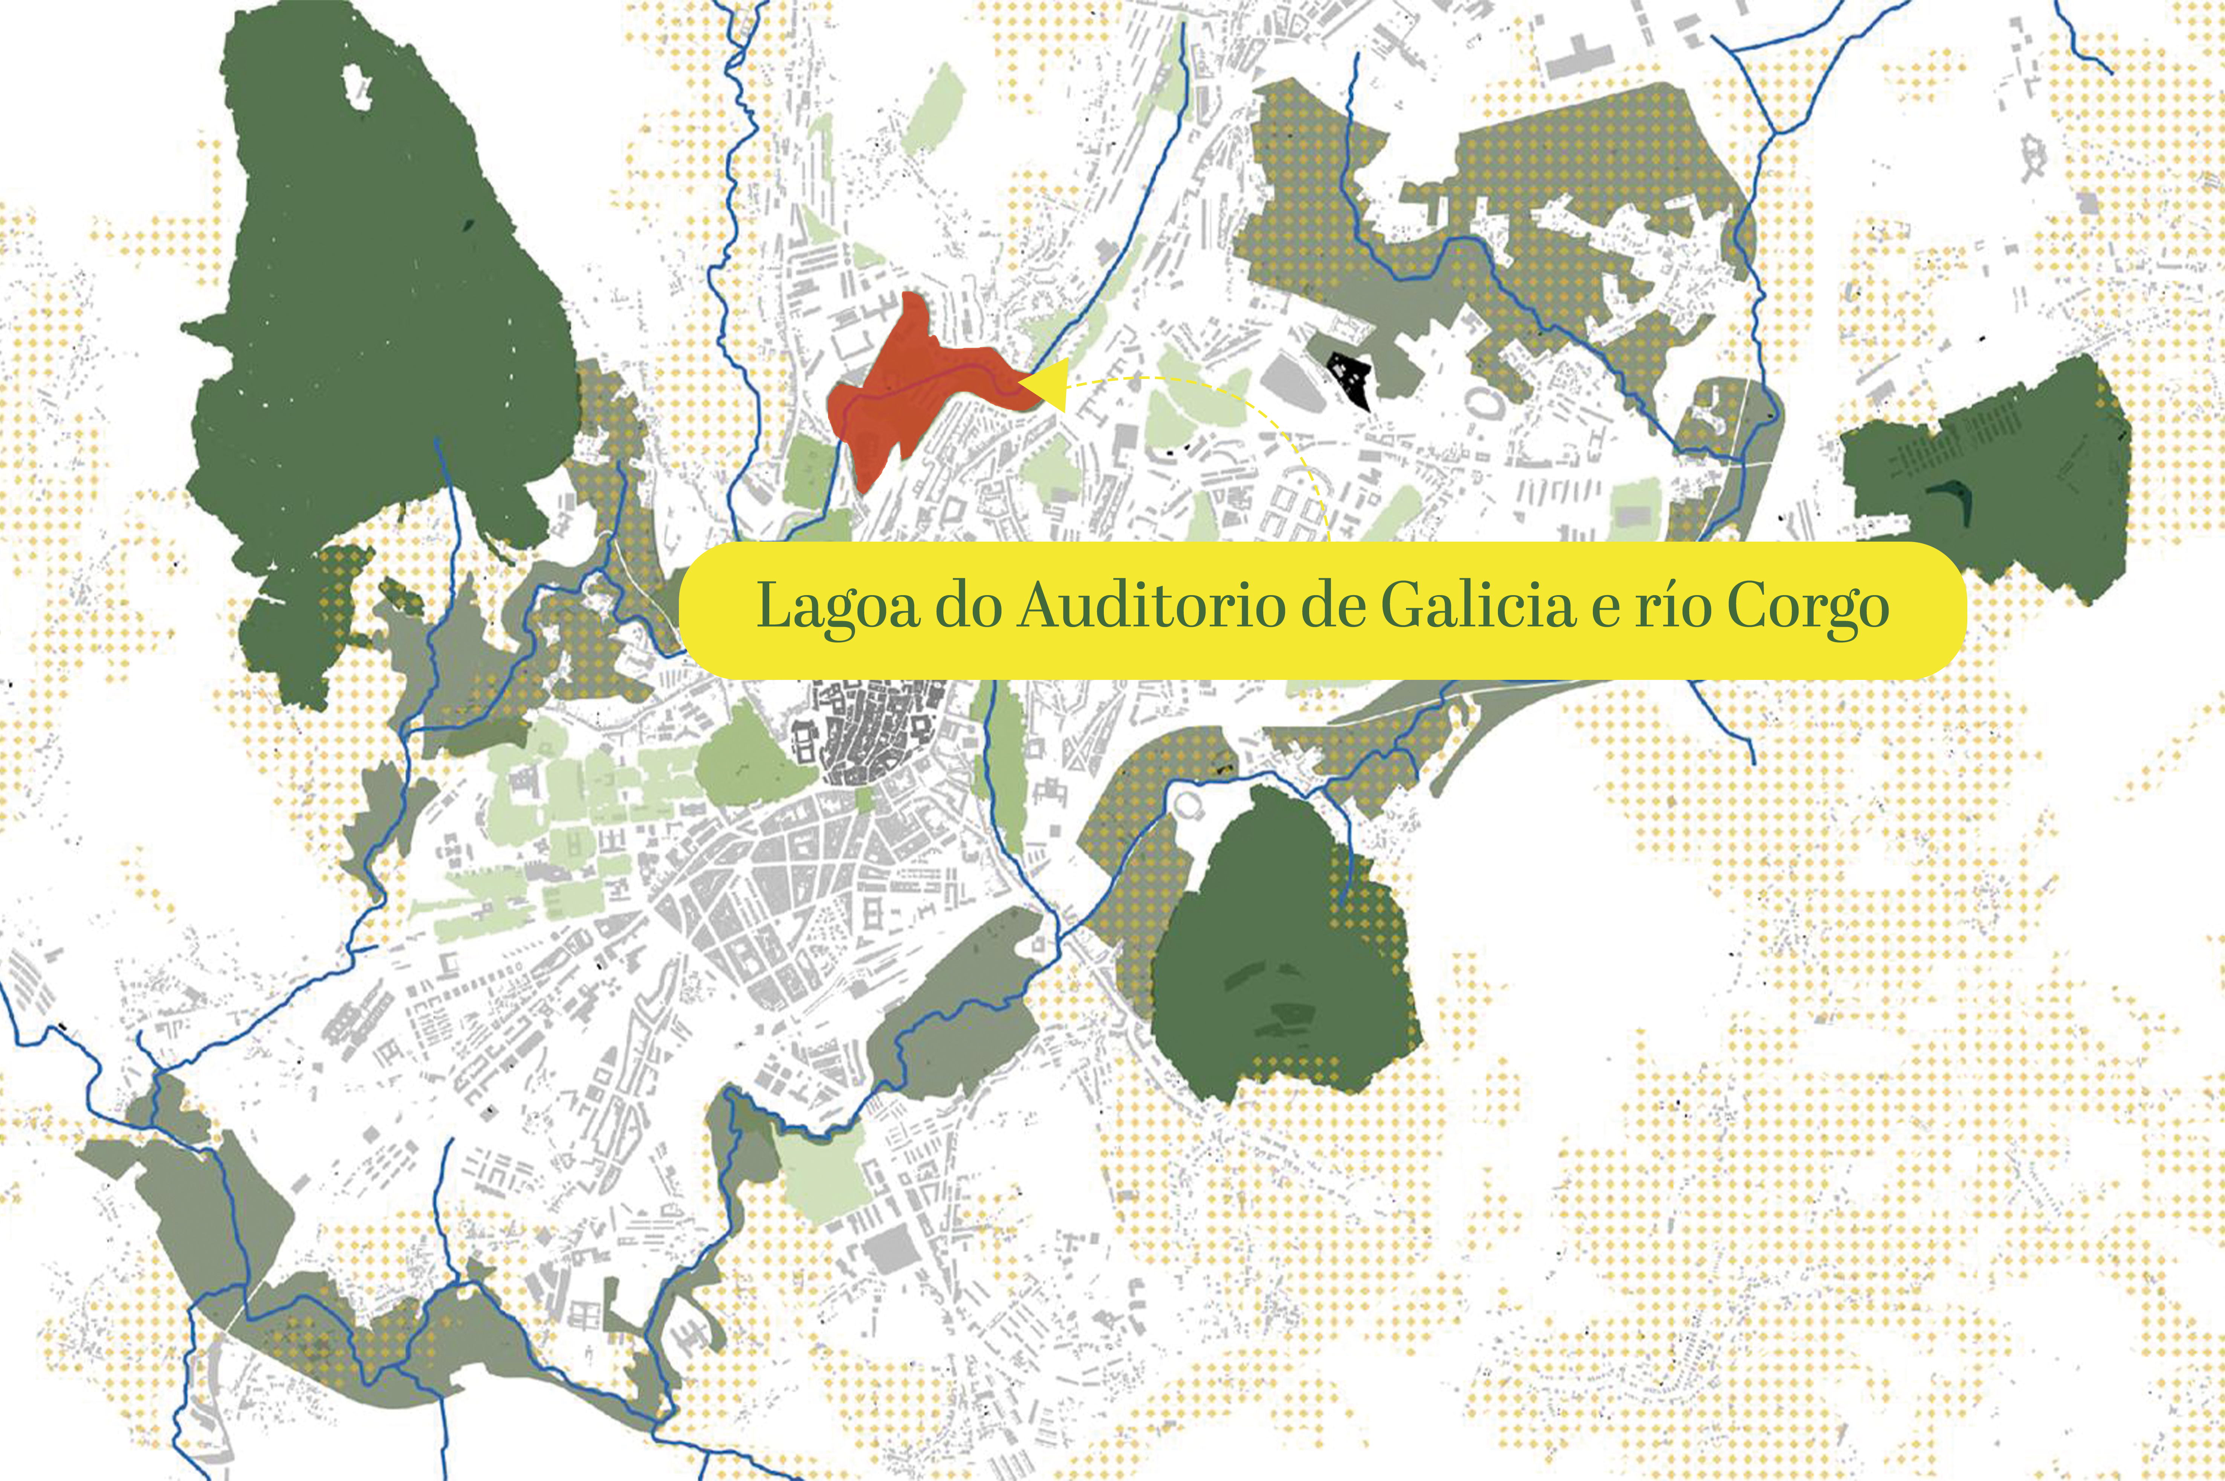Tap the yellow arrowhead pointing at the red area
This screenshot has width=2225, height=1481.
pyautogui.click(x=1047, y=385)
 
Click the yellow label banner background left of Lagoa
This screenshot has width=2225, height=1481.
pyautogui.click(x=718, y=609)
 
